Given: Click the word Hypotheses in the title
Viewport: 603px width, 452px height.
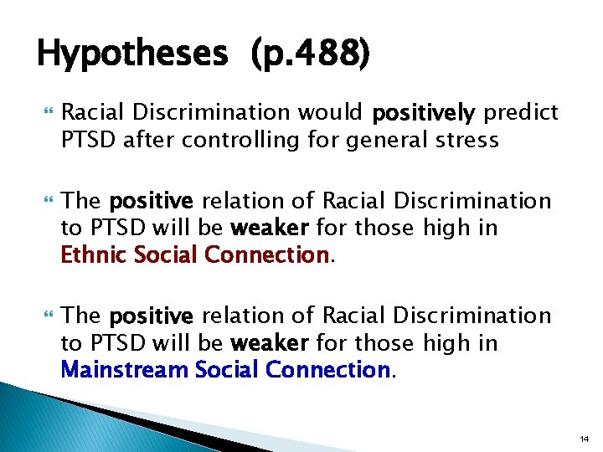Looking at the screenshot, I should pyautogui.click(x=131, y=55).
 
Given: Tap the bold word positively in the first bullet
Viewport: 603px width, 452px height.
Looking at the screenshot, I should pyautogui.click(x=424, y=112).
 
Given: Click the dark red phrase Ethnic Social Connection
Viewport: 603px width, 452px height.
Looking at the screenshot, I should pyautogui.click(x=195, y=254).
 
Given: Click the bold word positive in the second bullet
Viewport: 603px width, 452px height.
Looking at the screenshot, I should pyautogui.click(x=152, y=201).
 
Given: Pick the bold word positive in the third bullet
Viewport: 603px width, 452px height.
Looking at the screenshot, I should pyautogui.click(x=152, y=316).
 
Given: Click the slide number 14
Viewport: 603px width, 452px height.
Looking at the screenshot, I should pyautogui.click(x=583, y=437).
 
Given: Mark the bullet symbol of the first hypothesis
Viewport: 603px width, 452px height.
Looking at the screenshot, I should pyautogui.click(x=44, y=113).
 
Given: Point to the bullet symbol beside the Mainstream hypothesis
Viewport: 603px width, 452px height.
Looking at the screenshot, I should pyautogui.click(x=44, y=316).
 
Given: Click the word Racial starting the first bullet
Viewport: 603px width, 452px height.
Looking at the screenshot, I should pyautogui.click(x=91, y=112).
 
